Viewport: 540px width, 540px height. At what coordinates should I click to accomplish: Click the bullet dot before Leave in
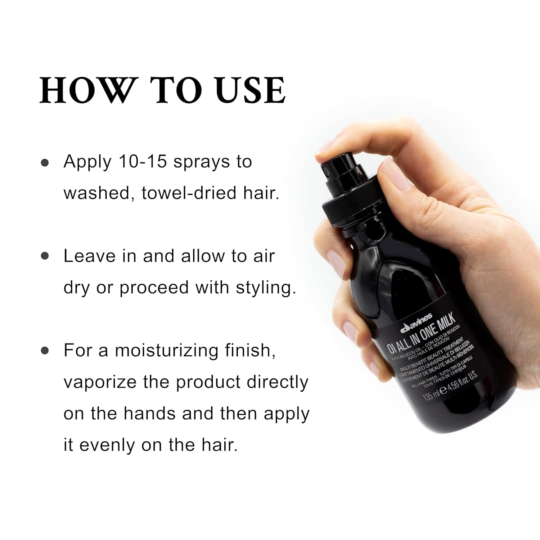coord(45,256)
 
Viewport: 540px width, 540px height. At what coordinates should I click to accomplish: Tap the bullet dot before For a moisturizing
coord(45,350)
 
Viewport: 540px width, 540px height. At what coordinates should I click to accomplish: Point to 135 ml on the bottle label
coord(431,396)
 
